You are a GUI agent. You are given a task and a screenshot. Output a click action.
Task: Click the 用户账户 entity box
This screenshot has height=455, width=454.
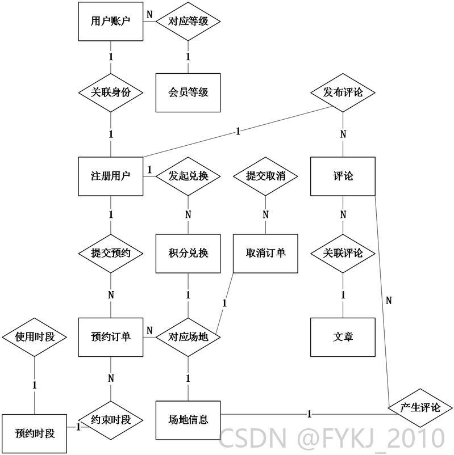coord(111,22)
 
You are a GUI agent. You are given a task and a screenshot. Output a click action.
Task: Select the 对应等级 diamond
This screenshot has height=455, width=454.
coord(188,22)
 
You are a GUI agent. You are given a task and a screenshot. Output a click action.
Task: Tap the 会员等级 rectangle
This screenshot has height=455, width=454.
coord(188,92)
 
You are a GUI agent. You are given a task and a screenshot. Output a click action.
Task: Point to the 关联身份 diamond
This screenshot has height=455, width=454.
coord(111,92)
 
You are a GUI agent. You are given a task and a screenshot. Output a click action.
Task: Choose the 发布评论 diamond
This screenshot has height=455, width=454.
coord(343,92)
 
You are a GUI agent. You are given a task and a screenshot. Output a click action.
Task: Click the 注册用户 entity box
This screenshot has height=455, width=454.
coord(111,176)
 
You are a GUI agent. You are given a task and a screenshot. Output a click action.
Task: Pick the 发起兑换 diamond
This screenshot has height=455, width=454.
coord(188,176)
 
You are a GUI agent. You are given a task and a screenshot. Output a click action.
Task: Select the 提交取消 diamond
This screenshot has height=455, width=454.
coord(266,176)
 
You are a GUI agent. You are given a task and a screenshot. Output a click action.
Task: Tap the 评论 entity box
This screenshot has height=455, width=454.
coord(343,176)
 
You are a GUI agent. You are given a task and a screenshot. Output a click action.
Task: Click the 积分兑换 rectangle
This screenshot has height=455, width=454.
coord(188,254)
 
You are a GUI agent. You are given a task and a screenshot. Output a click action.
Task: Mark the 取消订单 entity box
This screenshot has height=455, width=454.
coord(266,254)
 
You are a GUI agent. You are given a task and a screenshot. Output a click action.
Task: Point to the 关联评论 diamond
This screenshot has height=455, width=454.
coord(343,254)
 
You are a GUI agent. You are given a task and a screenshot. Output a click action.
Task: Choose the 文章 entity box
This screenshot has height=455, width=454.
coord(343,337)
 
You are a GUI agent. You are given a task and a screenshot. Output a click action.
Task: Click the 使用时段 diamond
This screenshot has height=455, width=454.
coord(35,337)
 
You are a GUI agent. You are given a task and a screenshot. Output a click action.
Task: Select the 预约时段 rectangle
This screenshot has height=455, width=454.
coord(35,434)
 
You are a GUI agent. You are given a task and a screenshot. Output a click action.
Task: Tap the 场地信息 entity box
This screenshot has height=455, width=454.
coord(188,420)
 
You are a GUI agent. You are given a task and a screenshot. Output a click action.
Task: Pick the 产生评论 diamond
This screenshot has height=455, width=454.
coord(420,408)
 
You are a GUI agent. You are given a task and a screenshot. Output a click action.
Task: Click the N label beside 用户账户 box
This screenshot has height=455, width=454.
coord(149,15)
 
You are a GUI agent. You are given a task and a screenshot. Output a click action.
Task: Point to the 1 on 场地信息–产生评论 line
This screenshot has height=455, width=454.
coord(309,414)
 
